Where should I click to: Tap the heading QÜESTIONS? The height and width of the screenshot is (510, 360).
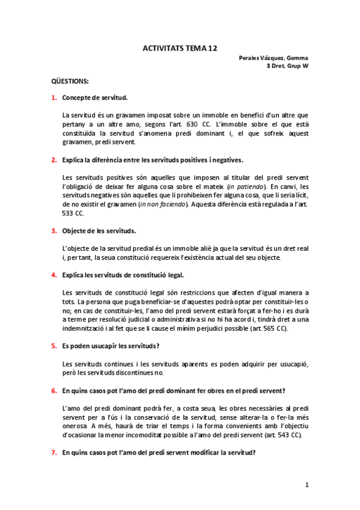tap(70, 81)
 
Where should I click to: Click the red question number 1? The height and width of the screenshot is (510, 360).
tap(54, 97)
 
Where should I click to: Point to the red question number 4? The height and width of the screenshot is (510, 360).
tap(54, 275)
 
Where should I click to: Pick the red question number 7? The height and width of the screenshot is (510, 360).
tap(54, 453)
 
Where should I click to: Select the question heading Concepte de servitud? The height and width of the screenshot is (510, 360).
tap(94, 97)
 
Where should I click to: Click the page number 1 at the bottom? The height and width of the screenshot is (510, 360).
tap(307, 485)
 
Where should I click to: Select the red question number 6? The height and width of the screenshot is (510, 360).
tap(54, 391)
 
